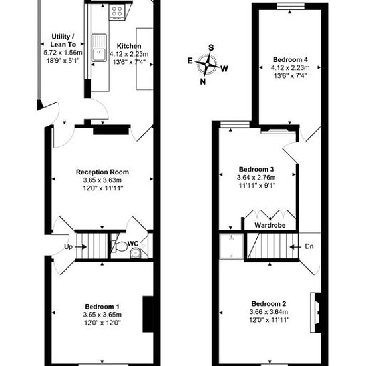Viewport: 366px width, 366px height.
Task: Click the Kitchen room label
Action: tap(129, 46)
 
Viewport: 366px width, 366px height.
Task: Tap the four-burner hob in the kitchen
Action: tap(117, 11)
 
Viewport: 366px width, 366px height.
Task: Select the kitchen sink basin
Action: tap(99, 54)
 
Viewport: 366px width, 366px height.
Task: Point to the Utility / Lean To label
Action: tap(63, 41)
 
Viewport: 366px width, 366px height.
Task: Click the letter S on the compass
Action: tap(211, 48)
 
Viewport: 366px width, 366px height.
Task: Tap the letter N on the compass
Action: tap(203, 81)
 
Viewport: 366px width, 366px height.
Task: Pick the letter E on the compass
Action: tap(190, 61)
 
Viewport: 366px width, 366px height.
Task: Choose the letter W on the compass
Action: tap(224, 69)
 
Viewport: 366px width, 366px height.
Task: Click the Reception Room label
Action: tap(102, 172)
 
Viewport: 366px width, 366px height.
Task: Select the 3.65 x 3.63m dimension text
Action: tap(102, 180)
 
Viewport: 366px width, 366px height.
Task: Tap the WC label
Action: tap(133, 244)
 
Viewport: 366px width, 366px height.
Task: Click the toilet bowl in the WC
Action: tap(120, 246)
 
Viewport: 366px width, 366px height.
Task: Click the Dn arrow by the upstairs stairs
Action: tap(295, 247)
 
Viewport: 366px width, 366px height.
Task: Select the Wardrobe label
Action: tap(270, 225)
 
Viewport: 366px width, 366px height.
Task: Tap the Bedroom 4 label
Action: tap(290, 59)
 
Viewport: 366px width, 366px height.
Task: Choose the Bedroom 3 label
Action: tap(256, 169)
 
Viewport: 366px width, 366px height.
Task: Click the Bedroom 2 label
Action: tap(269, 304)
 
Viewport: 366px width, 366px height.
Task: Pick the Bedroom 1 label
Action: tap(102, 307)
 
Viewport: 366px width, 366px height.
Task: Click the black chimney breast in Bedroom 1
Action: tap(148, 314)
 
